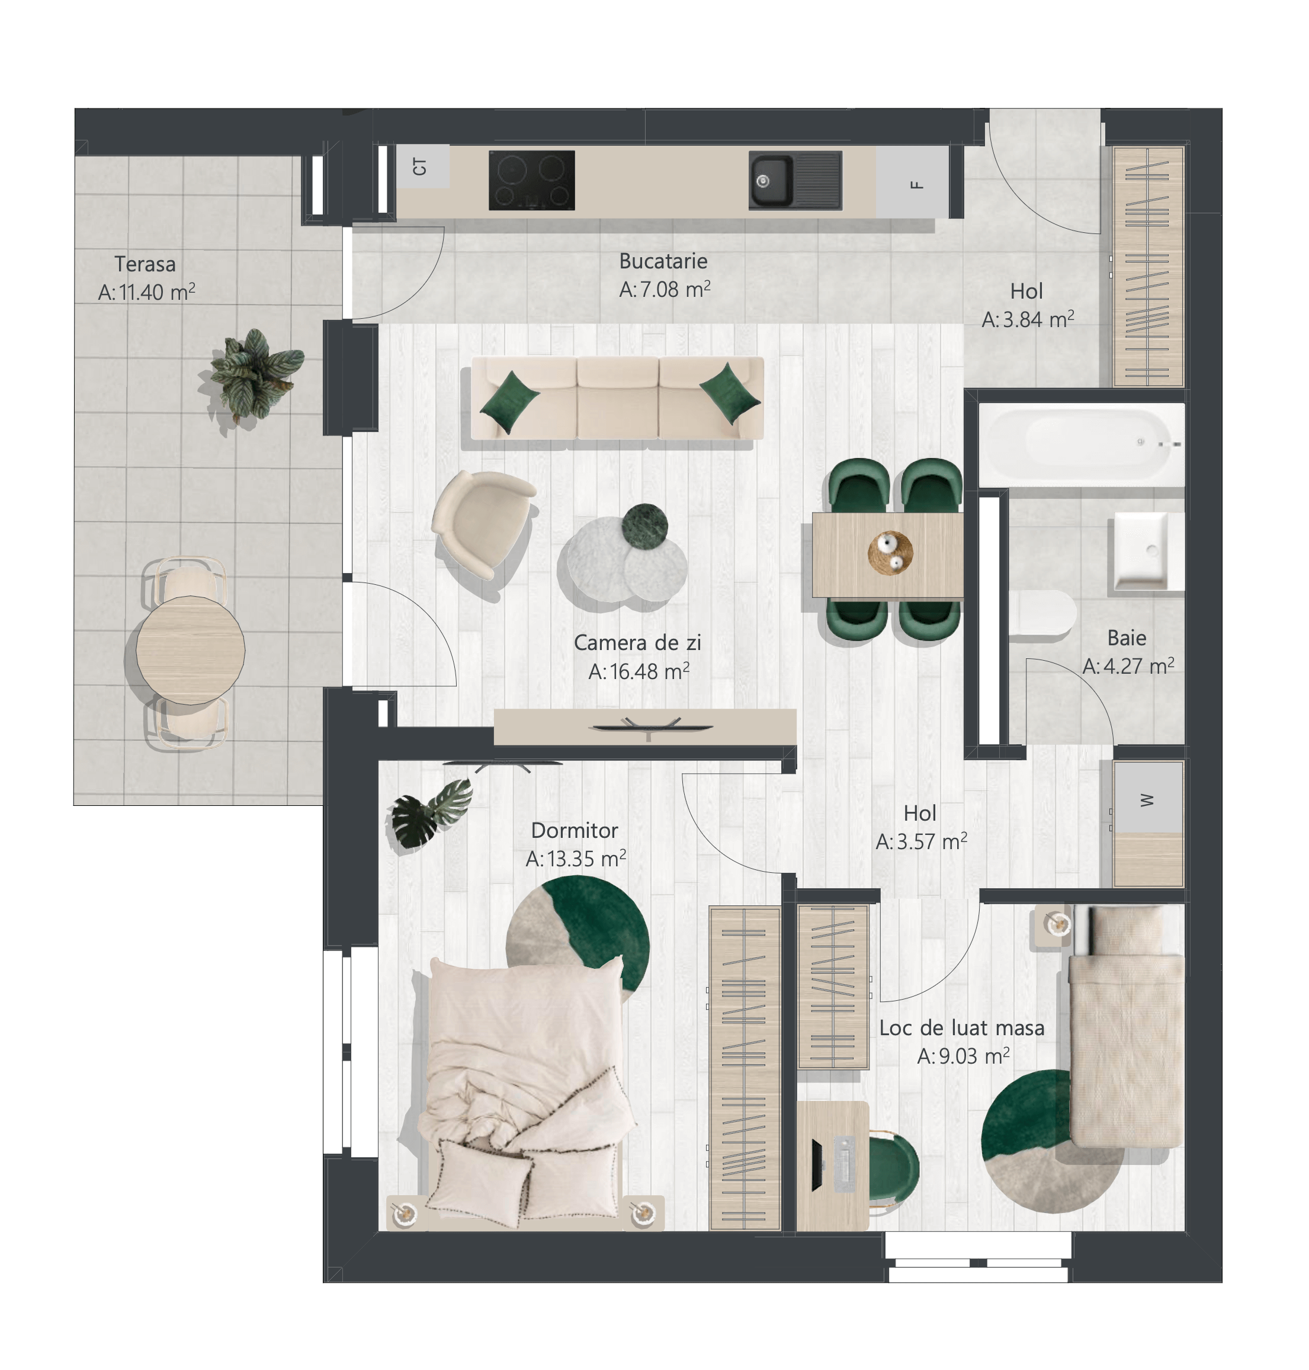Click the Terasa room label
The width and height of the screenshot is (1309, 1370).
click(x=145, y=264)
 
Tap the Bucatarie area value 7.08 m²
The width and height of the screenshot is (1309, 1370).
click(x=665, y=289)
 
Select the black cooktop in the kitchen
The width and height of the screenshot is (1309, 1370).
click(x=532, y=180)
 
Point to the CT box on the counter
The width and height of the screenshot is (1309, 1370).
click(x=422, y=166)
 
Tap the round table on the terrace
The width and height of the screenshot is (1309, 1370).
click(x=191, y=651)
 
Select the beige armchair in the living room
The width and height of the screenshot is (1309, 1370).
click(x=483, y=523)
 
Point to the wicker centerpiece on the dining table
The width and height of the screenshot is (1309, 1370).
click(x=890, y=553)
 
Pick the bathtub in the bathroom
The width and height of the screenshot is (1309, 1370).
click(x=1082, y=444)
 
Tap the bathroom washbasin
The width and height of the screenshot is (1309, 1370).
click(x=1146, y=551)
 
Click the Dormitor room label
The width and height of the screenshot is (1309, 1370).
click(x=575, y=831)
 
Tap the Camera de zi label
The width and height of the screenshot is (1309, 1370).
click(x=637, y=643)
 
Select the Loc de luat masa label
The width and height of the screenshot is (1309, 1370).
click(x=961, y=1028)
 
